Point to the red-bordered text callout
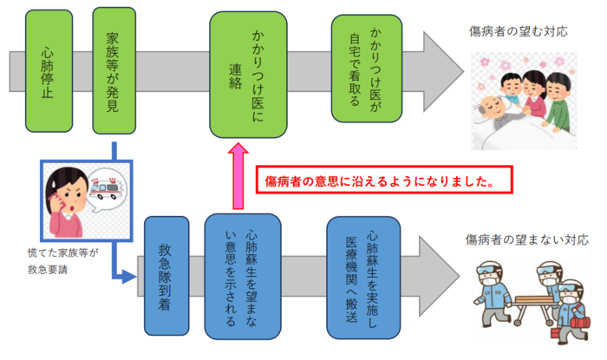pyautogui.click(x=381, y=183)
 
